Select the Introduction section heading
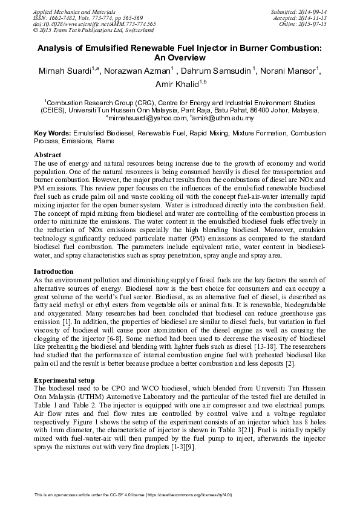(55, 271)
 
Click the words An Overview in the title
(180, 57)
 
